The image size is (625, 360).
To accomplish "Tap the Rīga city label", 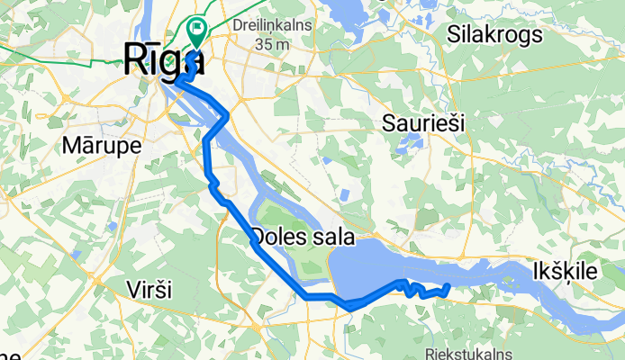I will [x=162, y=61].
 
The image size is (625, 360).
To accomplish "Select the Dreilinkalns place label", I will [x=272, y=25].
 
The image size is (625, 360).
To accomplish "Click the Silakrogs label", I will [x=495, y=35].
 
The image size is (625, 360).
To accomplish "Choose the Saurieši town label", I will [x=423, y=123].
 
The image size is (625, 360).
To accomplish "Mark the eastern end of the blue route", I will [x=448, y=287].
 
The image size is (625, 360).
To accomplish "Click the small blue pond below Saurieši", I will [x=411, y=142].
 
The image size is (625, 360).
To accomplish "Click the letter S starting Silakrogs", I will [x=453, y=35].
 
